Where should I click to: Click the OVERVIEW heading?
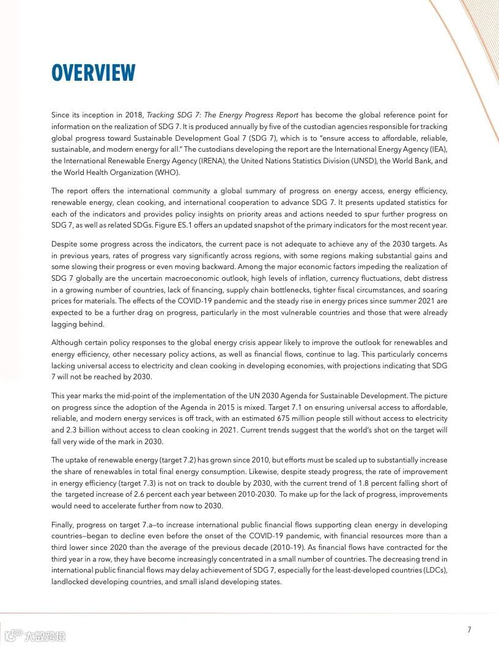pyautogui.click(x=93, y=73)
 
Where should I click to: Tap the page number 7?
pyautogui.click(x=469, y=629)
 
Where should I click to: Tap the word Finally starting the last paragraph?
pyautogui.click(x=64, y=525)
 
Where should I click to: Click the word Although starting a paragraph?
pyautogui.click(x=67, y=343)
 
